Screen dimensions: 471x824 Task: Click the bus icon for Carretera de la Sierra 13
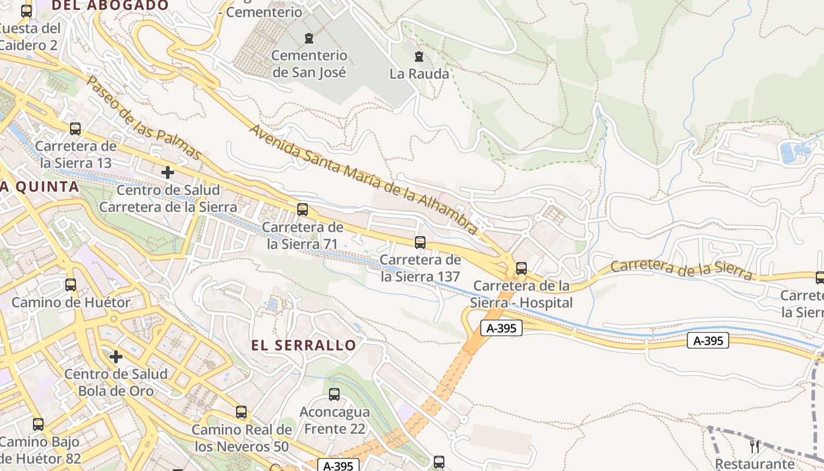coord(75,128)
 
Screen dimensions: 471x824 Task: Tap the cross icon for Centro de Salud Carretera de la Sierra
coord(168,173)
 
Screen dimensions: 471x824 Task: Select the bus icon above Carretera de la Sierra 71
coord(303,209)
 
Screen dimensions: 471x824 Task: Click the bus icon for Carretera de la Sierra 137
coord(420,242)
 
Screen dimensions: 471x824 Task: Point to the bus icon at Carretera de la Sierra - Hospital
coord(521,268)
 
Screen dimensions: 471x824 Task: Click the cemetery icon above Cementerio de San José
coord(308,39)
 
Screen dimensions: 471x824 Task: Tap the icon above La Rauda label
coord(419,57)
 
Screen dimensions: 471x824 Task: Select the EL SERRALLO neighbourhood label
coord(304,346)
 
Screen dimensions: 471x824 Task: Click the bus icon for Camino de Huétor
coord(71,285)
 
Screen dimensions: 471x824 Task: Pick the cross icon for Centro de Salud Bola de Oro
coord(116,356)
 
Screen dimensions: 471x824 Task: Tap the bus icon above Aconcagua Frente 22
coord(334,394)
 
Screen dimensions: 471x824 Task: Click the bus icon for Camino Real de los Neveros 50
coord(241,412)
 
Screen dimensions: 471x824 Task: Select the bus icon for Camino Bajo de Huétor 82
coord(38,424)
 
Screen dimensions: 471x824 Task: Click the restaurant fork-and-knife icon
coord(755,446)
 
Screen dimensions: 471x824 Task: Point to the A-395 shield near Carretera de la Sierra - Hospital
coord(501,329)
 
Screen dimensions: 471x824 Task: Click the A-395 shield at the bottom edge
coord(338,466)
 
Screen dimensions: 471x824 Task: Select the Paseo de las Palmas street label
coord(144,118)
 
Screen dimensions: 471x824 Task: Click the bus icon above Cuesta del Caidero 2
coord(26,11)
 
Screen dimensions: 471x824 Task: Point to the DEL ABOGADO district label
coord(111,5)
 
